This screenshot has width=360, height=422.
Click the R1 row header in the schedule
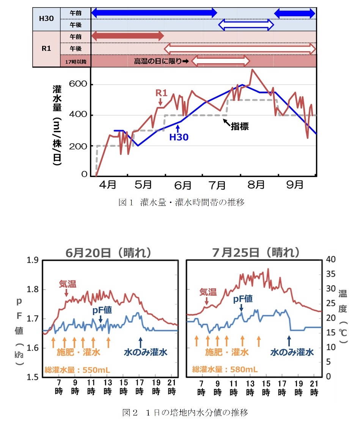coord(46,49)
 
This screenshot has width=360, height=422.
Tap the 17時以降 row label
coord(75,61)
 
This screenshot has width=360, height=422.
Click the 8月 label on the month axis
coord(256,185)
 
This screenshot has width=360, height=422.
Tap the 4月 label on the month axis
coord(107,185)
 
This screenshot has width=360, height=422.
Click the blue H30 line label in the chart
coord(179,137)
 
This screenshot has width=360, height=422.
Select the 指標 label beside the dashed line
coord(240,127)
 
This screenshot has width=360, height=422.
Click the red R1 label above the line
coord(161,92)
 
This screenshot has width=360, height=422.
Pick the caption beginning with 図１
coord(181,202)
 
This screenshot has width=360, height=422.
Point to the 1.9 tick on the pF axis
coord(33,260)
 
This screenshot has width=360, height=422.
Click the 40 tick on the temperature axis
coord(331,259)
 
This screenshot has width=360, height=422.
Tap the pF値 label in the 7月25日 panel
coord(243,299)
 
